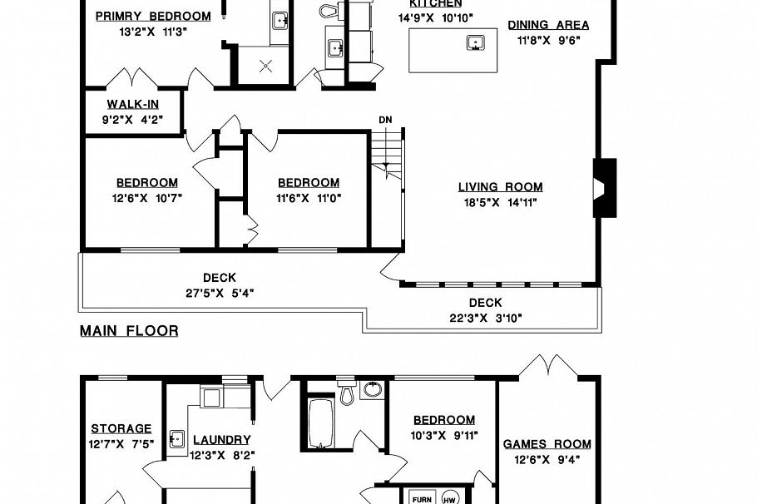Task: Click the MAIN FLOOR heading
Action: [129, 331]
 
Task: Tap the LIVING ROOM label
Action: [500, 187]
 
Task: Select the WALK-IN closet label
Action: [134, 105]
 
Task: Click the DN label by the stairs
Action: [385, 120]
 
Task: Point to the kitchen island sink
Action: [476, 42]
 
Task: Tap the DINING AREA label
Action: [548, 25]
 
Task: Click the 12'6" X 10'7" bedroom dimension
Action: [146, 198]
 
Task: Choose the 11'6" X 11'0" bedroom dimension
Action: [309, 198]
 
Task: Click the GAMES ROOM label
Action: [547, 444]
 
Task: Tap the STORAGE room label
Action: [121, 429]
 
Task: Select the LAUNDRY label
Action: [221, 440]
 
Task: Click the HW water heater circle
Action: [449, 498]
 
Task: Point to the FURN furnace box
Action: [423, 499]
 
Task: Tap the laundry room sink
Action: [176, 439]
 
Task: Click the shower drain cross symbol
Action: [266, 66]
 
